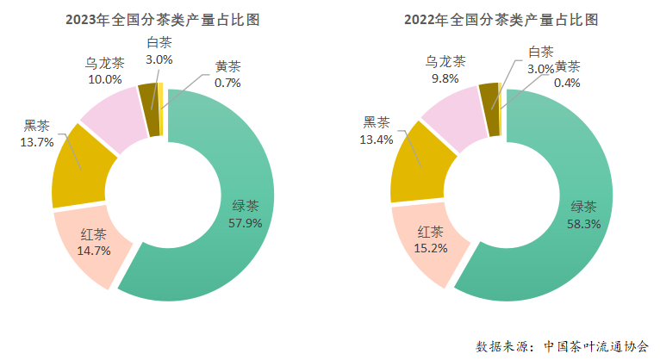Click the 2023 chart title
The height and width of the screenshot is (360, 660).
164,19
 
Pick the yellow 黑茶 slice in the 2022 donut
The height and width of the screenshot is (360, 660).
418,168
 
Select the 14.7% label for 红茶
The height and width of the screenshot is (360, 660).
93,251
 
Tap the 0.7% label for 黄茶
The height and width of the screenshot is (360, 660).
227,83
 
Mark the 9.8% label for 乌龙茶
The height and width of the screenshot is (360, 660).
445,78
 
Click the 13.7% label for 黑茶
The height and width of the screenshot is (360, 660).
37,141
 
